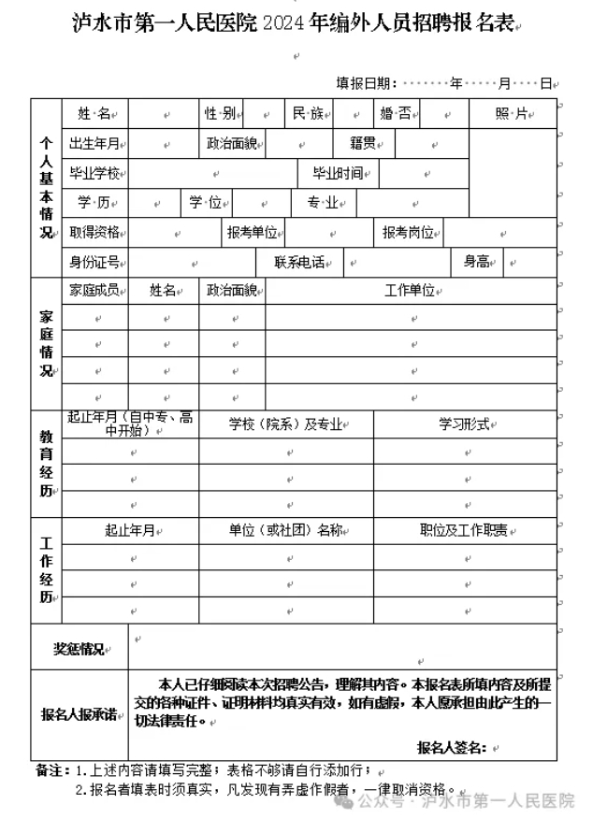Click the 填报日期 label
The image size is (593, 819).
(367, 83)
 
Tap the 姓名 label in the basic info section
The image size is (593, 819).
(94, 114)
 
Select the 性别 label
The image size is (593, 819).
(220, 114)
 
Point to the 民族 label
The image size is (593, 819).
(308, 114)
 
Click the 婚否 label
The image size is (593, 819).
(395, 114)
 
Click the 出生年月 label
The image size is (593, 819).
(94, 144)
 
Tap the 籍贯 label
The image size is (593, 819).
(363, 144)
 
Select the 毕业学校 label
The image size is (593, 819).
(94, 173)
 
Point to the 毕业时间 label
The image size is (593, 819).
(338, 173)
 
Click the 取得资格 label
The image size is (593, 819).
(94, 232)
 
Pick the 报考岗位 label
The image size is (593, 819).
(408, 232)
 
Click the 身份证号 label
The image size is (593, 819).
(94, 262)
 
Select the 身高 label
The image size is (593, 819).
(477, 262)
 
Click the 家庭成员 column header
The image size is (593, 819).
(94, 291)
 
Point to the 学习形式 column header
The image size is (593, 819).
(465, 424)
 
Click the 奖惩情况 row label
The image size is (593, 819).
(79, 649)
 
